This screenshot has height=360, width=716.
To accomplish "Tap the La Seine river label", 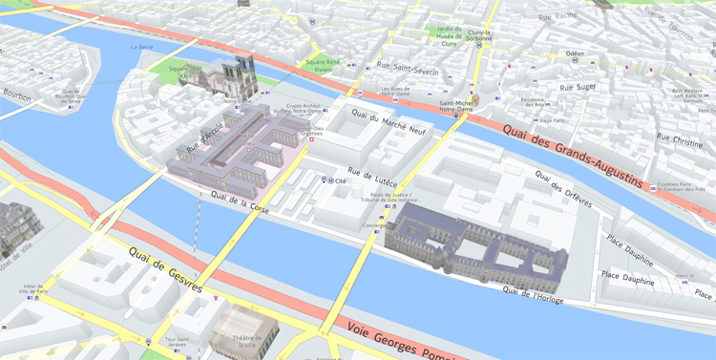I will pyautogui.click(x=141, y=47).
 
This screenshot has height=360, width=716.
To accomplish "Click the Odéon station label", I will pyautogui.click(x=575, y=53).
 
